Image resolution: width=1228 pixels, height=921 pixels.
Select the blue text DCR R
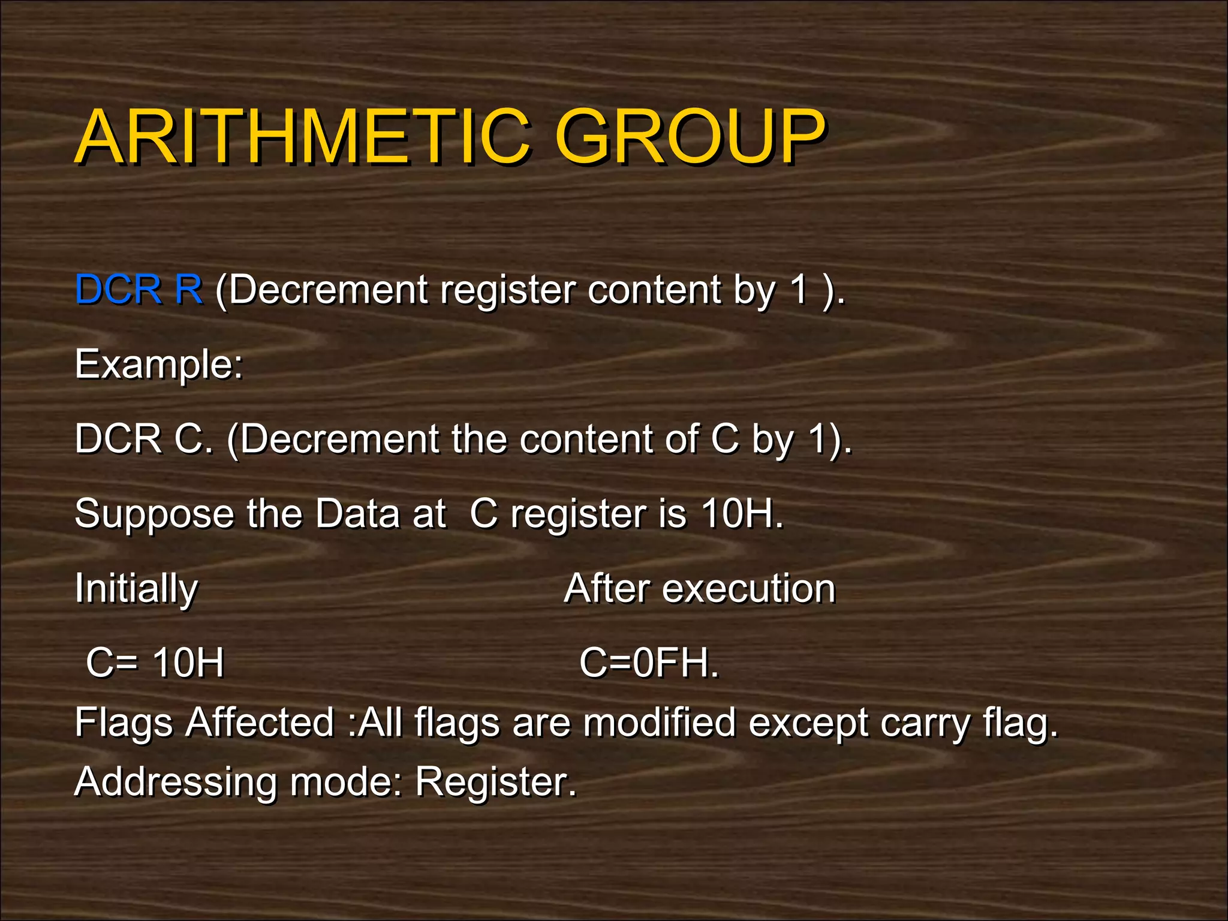tap(139, 290)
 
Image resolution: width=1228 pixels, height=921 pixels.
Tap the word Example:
tap(159, 365)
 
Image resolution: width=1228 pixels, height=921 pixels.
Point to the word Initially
tap(136, 589)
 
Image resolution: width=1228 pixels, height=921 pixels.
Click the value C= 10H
tap(155, 663)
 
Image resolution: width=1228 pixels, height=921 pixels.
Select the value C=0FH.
tap(649, 663)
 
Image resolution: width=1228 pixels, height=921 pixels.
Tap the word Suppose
tap(154, 514)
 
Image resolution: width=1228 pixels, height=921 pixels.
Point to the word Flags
tap(124, 723)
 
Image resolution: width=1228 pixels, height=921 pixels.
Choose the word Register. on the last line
tap(496, 782)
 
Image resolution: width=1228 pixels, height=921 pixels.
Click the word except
tap(808, 723)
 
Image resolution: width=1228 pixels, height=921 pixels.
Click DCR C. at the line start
tap(144, 439)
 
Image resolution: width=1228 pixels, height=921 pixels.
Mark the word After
tap(606, 588)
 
